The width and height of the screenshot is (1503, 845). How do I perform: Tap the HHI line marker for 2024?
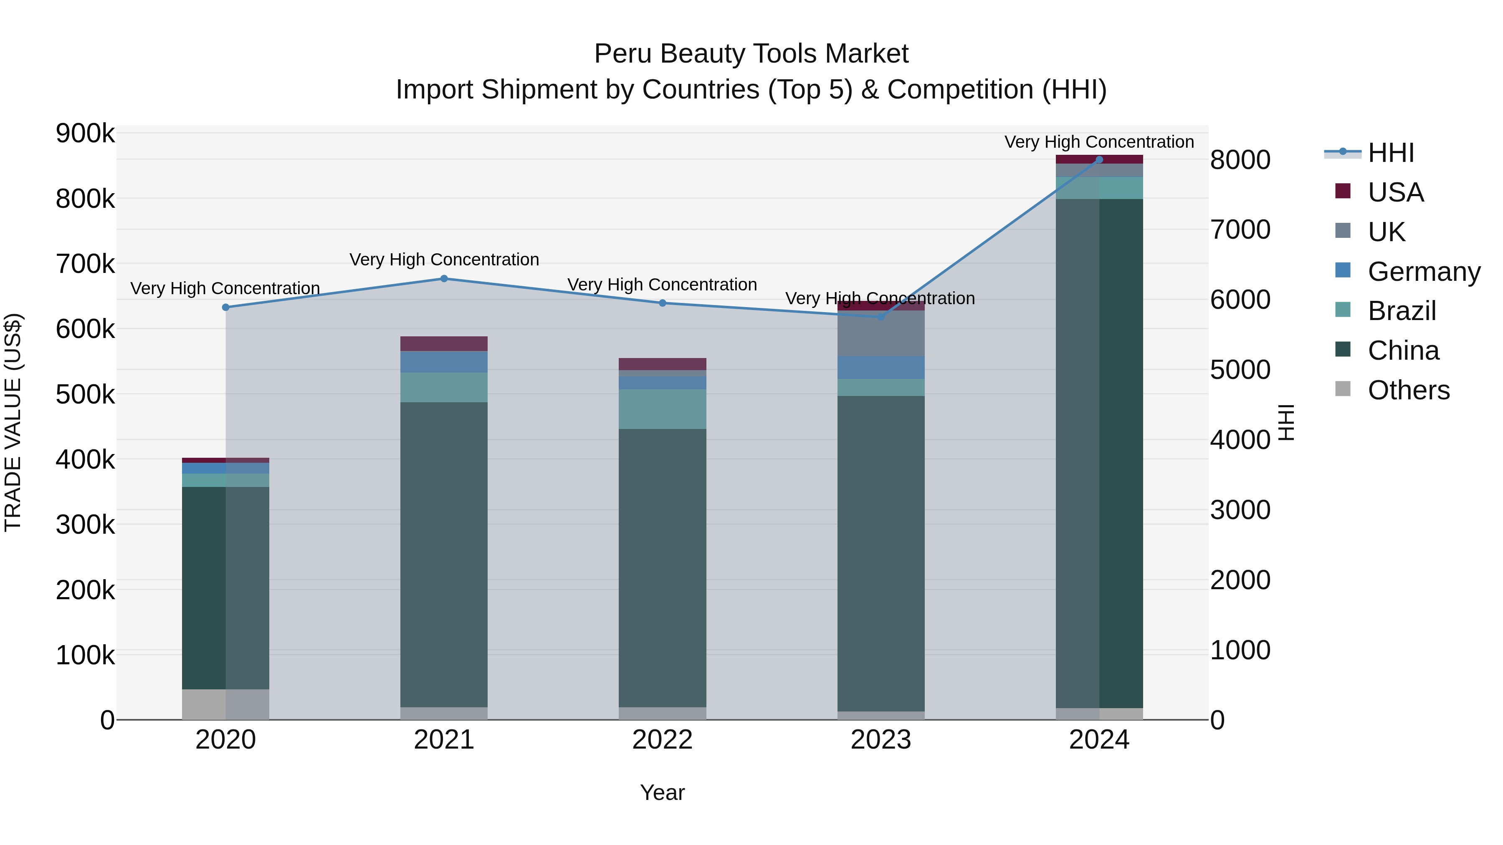[x=1099, y=159]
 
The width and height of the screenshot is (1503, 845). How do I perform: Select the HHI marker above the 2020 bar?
[x=226, y=307]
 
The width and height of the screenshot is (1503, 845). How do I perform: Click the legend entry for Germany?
[x=1424, y=272]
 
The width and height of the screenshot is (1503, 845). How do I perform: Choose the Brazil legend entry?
[x=1402, y=311]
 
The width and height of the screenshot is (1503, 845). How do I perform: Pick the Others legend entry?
[x=1409, y=390]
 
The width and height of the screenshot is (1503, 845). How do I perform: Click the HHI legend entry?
[x=1391, y=153]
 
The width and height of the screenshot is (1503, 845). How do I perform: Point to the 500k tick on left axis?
[x=85, y=395]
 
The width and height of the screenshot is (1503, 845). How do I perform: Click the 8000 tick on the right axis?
[x=1240, y=160]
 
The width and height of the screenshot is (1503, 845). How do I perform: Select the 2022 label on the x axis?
[x=662, y=740]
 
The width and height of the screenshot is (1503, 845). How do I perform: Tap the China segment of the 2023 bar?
[x=881, y=554]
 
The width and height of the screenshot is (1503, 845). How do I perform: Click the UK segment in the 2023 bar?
[x=881, y=333]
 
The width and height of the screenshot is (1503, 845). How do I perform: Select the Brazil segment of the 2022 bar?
[x=662, y=409]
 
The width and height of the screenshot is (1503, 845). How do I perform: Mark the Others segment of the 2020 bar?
[x=226, y=704]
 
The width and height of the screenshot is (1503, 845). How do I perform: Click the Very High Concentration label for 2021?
[x=444, y=260]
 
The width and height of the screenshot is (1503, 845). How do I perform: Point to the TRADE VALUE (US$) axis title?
[x=13, y=423]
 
